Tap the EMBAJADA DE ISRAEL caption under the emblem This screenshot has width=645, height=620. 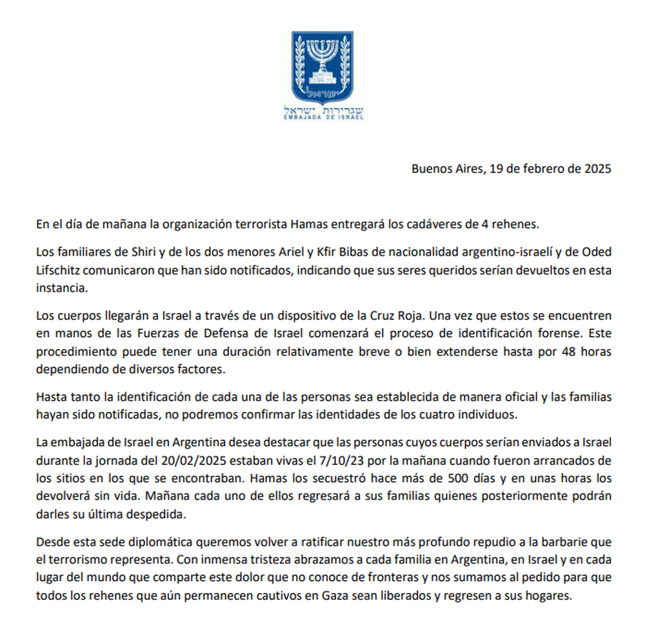(322, 118)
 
